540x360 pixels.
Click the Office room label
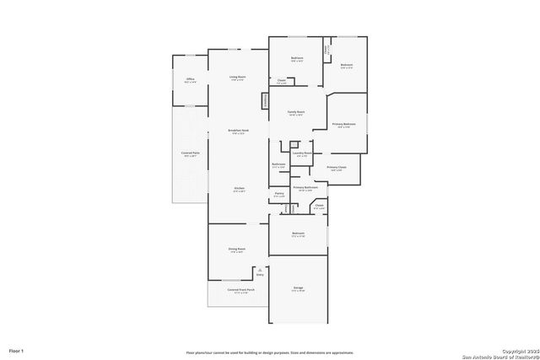coord(191,79)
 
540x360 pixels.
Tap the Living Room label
coord(237,77)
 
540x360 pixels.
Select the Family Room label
coord(295,112)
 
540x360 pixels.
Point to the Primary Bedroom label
coord(343,124)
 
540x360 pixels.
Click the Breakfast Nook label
coord(238,131)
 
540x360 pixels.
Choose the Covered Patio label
coord(190,153)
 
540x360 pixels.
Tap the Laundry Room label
coord(302,153)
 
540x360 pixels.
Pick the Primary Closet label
coord(337,168)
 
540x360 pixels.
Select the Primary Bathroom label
coord(305,187)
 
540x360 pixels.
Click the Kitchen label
coord(239,188)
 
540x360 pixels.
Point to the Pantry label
coord(279,194)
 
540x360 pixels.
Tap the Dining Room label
coord(237,249)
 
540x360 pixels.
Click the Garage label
coord(298,288)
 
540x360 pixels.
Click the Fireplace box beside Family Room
coord(265,100)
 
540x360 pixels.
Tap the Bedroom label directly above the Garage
coord(298,233)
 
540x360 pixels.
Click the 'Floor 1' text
coord(17,350)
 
